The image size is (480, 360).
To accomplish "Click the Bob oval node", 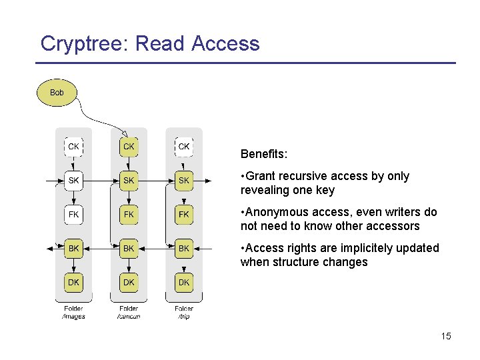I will click(x=57, y=93).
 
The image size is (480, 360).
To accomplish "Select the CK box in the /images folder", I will click(x=74, y=146).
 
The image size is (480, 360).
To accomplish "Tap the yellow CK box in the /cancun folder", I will click(x=129, y=146).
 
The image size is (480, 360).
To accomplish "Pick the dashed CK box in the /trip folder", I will click(x=184, y=146).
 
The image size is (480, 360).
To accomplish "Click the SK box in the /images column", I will click(x=74, y=181).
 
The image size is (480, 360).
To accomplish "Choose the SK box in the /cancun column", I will click(x=129, y=181).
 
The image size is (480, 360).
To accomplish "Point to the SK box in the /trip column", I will click(x=184, y=181).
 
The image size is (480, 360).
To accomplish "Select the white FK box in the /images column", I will click(x=74, y=215).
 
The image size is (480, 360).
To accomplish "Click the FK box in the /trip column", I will click(x=184, y=215).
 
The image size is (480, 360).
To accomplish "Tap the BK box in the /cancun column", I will click(x=129, y=248).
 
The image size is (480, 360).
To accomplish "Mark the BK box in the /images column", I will click(x=74, y=248).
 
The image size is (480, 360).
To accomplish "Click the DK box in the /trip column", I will click(x=184, y=282).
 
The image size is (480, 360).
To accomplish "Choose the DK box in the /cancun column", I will click(x=129, y=282).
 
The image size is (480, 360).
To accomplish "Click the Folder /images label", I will click(x=74, y=312).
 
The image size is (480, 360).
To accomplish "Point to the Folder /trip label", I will click(x=184, y=312).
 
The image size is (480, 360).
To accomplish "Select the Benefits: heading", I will click(x=264, y=154).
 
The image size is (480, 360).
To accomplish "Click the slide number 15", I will click(x=446, y=336).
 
